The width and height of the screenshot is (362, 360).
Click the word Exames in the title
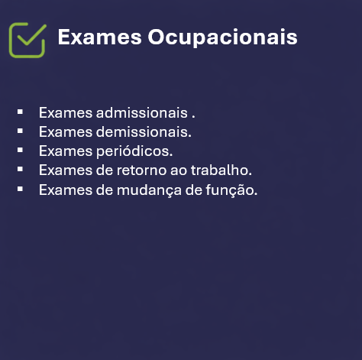click(88, 37)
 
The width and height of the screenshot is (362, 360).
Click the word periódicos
click(134, 151)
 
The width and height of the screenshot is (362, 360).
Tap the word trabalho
click(225, 170)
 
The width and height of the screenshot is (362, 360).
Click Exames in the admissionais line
click(63, 113)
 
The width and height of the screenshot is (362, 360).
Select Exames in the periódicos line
click(63, 151)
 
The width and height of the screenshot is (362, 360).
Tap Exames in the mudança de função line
click(63, 189)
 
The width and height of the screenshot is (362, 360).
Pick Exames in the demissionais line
click(63, 131)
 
